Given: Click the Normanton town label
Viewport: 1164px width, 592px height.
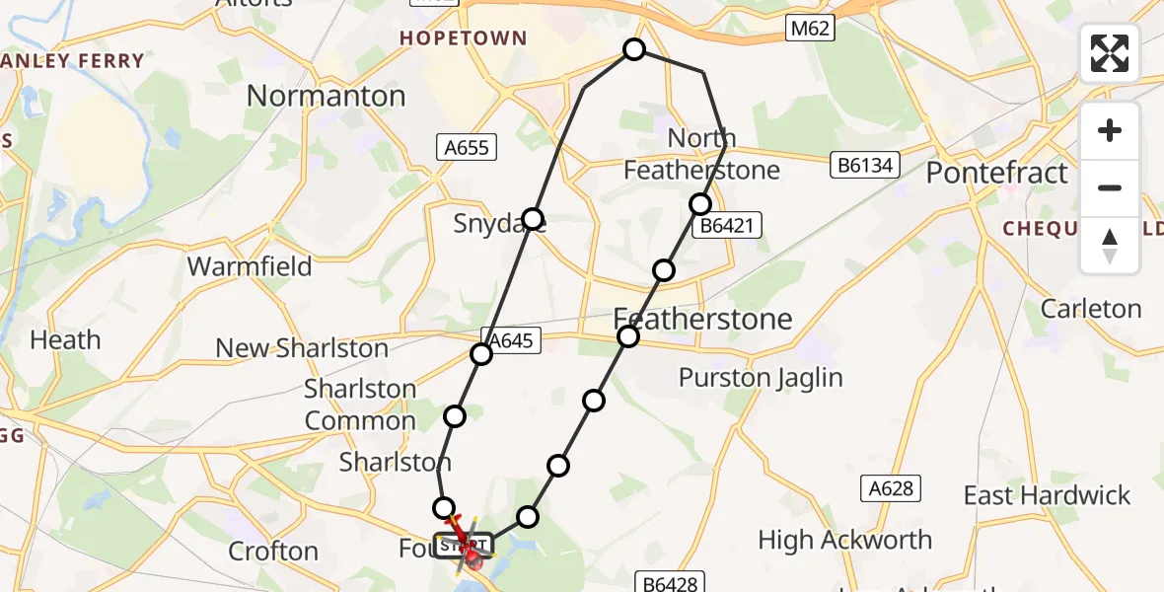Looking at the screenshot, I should pyautogui.click(x=326, y=96).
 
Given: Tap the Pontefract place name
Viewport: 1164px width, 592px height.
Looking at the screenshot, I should pyautogui.click(x=996, y=173).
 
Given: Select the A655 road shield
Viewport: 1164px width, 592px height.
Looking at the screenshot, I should pyautogui.click(x=467, y=148).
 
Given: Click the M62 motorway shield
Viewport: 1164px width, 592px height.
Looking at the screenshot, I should pyautogui.click(x=810, y=29).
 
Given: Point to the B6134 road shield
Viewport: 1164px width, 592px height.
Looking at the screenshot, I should pyautogui.click(x=865, y=165).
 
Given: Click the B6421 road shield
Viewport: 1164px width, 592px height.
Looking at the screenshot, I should pyautogui.click(x=726, y=226).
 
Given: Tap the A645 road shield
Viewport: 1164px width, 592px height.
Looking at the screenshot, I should pyautogui.click(x=510, y=340).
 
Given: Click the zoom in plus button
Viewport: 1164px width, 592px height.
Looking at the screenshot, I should pyautogui.click(x=1110, y=130).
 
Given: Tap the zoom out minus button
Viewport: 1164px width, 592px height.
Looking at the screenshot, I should pyautogui.click(x=1110, y=187).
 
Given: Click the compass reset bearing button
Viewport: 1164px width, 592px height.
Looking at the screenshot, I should pyautogui.click(x=1110, y=245).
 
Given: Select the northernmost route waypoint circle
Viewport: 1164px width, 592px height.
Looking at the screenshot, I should pyautogui.click(x=634, y=49).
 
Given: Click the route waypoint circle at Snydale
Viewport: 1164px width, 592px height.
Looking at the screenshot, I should pyautogui.click(x=533, y=218).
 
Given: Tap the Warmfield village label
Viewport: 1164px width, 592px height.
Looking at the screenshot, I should pyautogui.click(x=250, y=266).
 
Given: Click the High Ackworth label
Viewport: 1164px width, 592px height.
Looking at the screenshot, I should pyautogui.click(x=844, y=540).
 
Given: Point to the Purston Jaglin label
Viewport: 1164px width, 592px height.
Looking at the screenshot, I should pyautogui.click(x=761, y=378).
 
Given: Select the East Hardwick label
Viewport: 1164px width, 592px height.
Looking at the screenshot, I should pyautogui.click(x=1047, y=495).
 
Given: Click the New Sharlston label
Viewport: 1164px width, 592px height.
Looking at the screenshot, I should pyautogui.click(x=302, y=348).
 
